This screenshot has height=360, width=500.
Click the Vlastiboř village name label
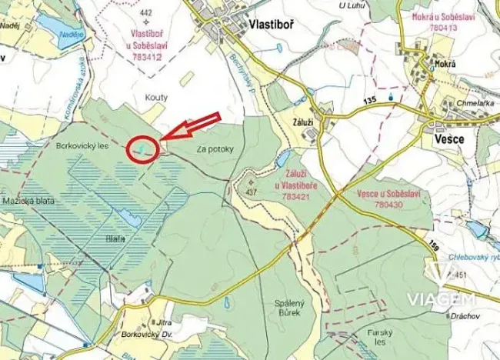click(272, 25)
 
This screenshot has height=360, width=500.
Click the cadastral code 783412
click(146, 56)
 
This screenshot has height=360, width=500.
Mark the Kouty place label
click(156, 97)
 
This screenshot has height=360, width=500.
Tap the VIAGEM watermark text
click(452, 298)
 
